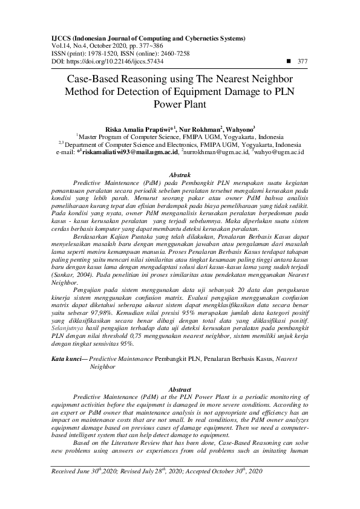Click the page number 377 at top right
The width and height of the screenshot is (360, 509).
pyautogui.click(x=303, y=62)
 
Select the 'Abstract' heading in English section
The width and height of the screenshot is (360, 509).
pyautogui.click(x=180, y=389)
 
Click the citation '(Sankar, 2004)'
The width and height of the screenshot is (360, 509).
pyautogui.click(x=68, y=274)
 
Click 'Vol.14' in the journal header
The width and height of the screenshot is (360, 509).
pyautogui.click(x=59, y=45)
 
